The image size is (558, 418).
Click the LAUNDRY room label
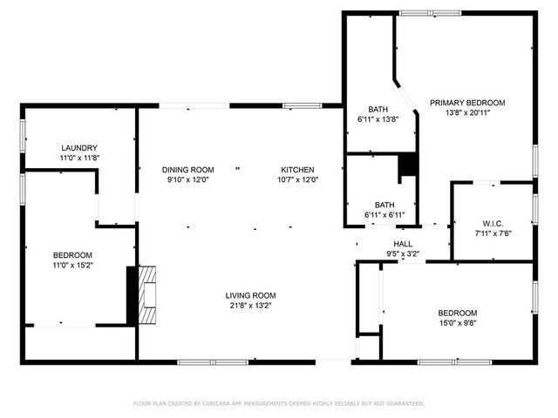78,148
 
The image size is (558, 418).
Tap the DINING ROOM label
189,169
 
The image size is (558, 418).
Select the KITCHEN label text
297,169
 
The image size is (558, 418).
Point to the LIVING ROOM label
250,295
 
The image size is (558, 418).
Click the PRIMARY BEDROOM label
466,102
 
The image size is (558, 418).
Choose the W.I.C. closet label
493,223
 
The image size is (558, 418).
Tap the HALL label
403,244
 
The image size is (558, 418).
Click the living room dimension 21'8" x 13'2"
250,306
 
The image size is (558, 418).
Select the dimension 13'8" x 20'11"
466,112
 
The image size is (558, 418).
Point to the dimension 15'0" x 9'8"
457,323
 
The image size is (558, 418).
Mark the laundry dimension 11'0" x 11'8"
78,158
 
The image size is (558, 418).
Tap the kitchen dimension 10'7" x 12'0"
297,179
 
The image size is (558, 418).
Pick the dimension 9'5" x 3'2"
403,254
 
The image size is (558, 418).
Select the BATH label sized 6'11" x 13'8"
378,109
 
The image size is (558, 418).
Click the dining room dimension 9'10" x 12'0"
189,179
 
